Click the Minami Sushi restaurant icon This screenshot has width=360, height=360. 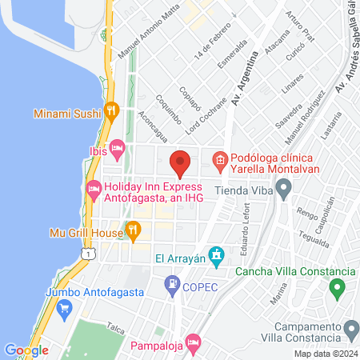tap(114, 112)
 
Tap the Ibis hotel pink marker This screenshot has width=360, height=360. tap(117, 148)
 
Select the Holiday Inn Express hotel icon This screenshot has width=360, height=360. tap(93, 188)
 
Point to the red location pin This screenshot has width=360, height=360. tap(180, 162)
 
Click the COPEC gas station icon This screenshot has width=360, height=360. tap(171, 284)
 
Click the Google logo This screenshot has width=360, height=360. tap(26, 350)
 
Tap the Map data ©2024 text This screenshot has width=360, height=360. tap(325, 354)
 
